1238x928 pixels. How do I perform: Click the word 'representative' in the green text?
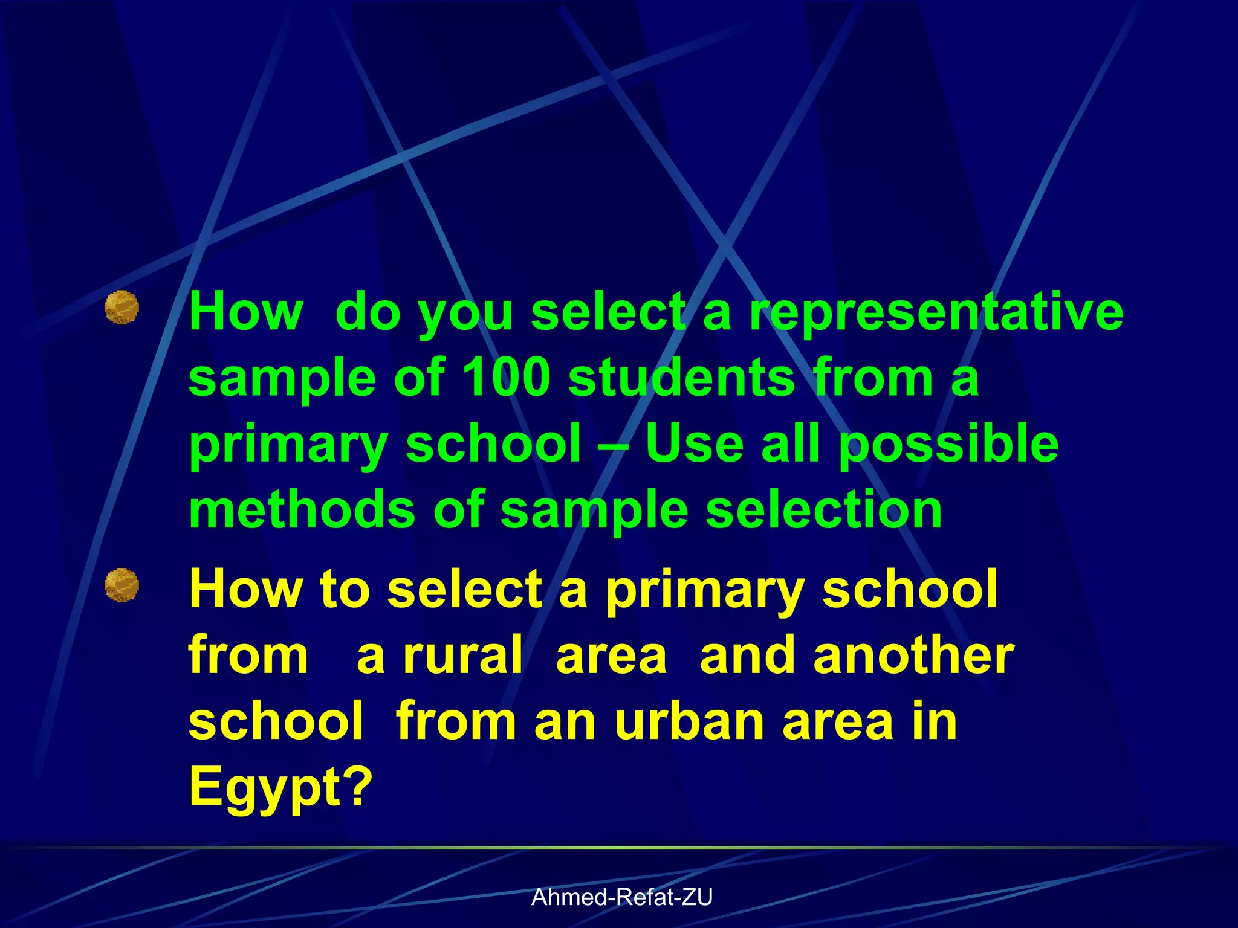point(936,312)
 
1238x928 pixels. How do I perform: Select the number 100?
point(506,378)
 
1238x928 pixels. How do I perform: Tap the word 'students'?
point(682,378)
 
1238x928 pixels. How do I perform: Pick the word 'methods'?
point(302,509)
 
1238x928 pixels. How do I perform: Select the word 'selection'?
point(824,509)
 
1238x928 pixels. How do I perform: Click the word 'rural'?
point(463,656)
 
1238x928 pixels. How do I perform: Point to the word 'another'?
point(913,656)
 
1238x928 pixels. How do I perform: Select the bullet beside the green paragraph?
point(122,308)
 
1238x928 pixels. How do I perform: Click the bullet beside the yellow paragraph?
point(122,585)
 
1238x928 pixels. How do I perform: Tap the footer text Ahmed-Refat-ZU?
point(622,897)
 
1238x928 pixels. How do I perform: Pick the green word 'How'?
point(245,312)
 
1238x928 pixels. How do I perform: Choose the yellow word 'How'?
point(245,589)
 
